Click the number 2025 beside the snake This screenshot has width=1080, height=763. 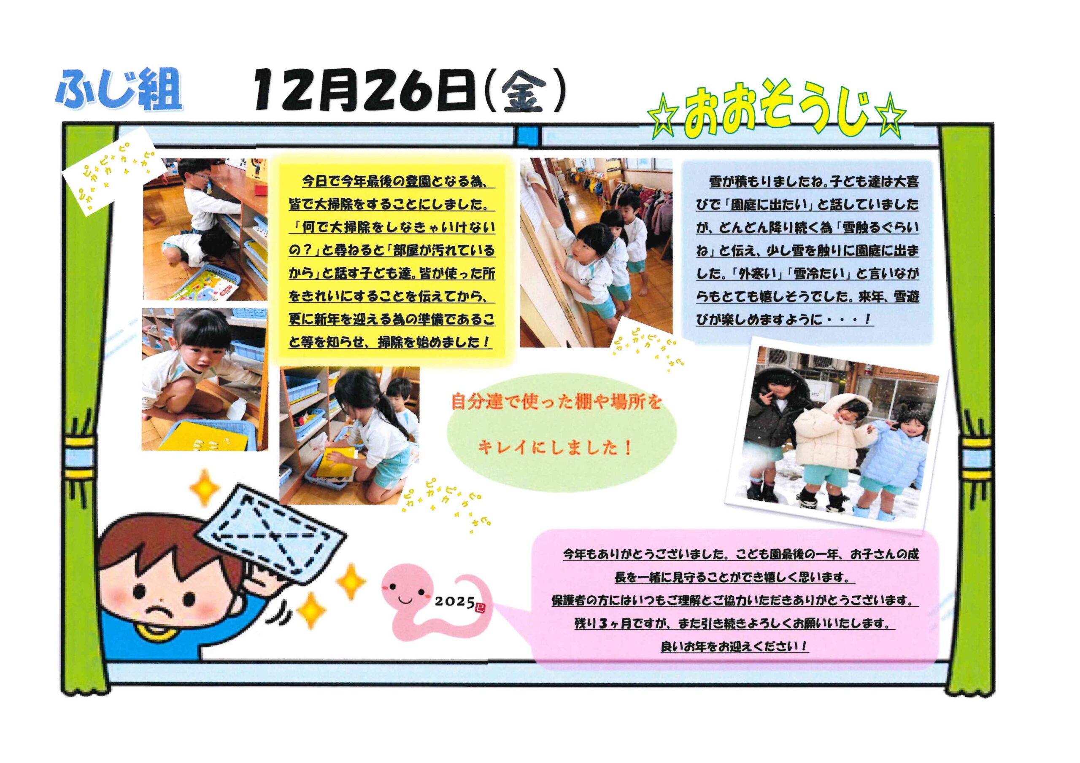[454, 601]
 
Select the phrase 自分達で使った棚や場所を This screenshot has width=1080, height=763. [555, 403]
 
